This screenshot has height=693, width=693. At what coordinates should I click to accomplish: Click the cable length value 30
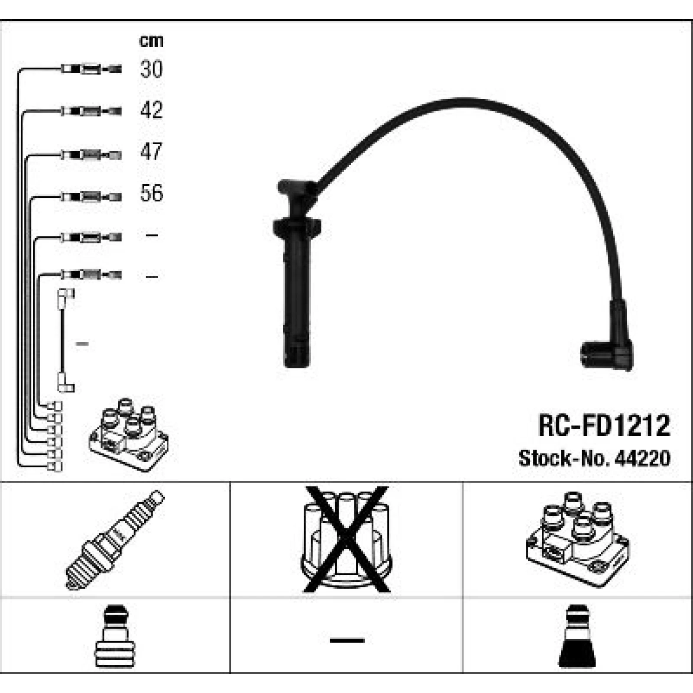[x=151, y=69]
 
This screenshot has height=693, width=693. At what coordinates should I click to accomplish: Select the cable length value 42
[x=151, y=110]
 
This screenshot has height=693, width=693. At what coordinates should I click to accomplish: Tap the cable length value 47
[x=151, y=151]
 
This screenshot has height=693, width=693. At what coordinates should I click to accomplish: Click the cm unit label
[x=151, y=41]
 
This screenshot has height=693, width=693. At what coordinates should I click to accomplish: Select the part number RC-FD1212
[x=604, y=425]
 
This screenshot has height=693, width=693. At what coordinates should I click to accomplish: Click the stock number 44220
[x=645, y=458]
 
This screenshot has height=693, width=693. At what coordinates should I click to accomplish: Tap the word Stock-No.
[x=567, y=458]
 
